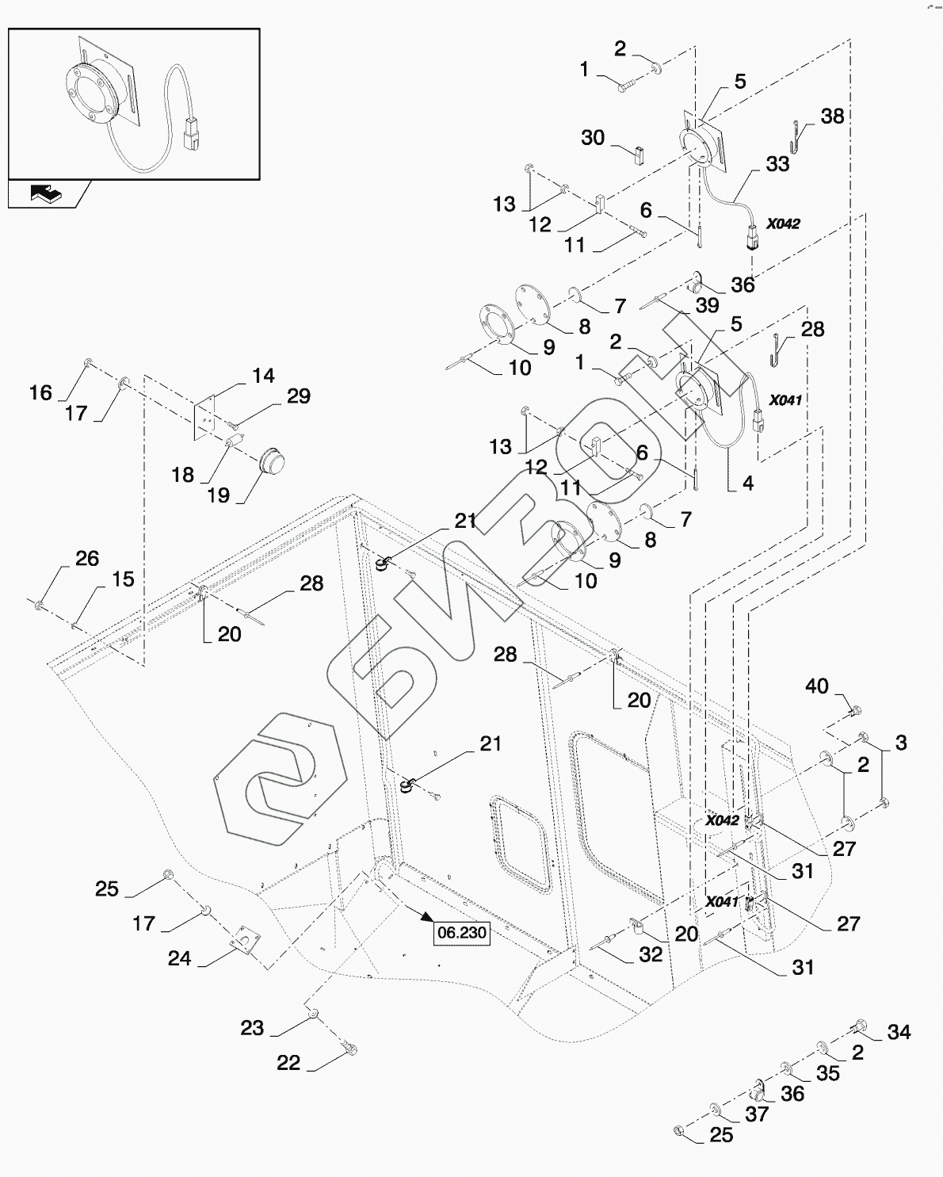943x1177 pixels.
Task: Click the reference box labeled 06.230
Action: point(462,933)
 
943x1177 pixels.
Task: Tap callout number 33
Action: point(777,163)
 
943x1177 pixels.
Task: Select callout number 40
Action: point(817,686)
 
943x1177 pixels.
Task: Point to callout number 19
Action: point(218,495)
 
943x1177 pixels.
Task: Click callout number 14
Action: point(263,376)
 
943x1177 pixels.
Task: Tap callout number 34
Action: point(899,1032)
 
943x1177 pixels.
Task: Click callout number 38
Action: point(832,116)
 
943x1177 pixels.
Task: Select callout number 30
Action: point(593,137)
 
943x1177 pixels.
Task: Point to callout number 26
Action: point(87,559)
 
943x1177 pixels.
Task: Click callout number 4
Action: point(748,483)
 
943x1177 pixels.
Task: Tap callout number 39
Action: point(707,305)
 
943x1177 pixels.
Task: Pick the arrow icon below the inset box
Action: point(46,193)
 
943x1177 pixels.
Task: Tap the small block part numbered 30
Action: point(639,155)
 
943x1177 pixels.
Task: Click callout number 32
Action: point(651,953)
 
